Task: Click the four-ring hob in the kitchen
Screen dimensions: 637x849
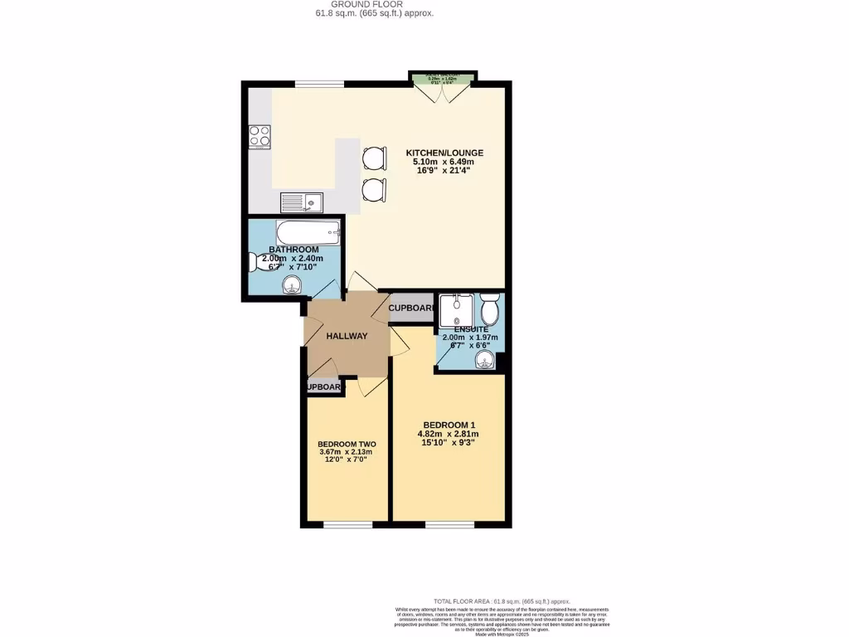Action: tap(260, 136)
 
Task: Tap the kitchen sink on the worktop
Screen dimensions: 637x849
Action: tap(301, 202)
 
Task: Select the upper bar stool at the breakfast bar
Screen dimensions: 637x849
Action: tap(374, 157)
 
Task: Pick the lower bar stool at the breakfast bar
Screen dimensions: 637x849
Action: tap(374, 189)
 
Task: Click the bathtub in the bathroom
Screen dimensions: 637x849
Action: tap(306, 231)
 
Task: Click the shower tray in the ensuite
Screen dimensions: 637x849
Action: tap(457, 310)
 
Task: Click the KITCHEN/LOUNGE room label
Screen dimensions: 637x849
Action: tap(444, 153)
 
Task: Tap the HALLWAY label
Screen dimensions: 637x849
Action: tap(347, 336)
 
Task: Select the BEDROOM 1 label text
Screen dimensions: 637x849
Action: tap(448, 422)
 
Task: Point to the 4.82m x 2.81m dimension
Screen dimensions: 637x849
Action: tap(448, 433)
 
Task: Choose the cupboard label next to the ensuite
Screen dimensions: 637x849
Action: tap(411, 309)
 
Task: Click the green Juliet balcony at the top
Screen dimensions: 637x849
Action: tap(442, 79)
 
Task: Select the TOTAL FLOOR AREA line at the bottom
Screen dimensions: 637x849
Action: tap(502, 601)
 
